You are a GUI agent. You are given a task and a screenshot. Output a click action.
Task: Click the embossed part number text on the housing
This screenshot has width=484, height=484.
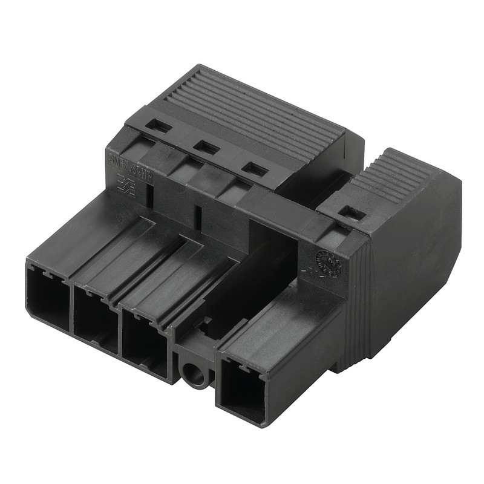pyautogui.click(x=128, y=162)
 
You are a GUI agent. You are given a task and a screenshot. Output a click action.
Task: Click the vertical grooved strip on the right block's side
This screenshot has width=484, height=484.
pyautogui.click(x=357, y=302)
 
